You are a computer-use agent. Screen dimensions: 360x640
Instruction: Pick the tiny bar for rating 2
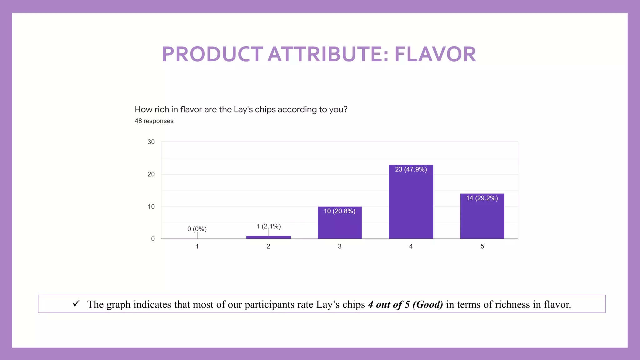point(268,237)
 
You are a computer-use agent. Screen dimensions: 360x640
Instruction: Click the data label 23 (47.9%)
point(411,169)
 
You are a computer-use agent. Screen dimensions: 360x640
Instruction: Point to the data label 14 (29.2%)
point(482,198)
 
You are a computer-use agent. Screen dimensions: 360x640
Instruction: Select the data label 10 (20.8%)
point(339,211)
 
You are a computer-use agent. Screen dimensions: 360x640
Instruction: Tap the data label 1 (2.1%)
point(268,226)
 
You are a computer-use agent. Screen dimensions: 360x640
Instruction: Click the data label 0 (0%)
point(197,229)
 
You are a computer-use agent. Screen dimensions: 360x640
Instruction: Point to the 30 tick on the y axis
point(151,142)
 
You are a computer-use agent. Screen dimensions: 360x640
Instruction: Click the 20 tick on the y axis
point(151,174)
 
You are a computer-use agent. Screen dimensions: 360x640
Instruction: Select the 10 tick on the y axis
point(151,207)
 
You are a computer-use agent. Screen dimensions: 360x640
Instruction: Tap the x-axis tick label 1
point(197,246)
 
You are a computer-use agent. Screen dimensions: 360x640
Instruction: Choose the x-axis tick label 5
point(482,246)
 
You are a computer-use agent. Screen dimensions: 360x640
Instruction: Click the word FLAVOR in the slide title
point(435,54)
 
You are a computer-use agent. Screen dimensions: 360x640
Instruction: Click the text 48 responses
point(154,121)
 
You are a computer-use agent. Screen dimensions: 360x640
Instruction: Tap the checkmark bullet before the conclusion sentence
point(76,303)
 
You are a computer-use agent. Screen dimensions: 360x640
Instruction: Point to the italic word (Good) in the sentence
point(427,304)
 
